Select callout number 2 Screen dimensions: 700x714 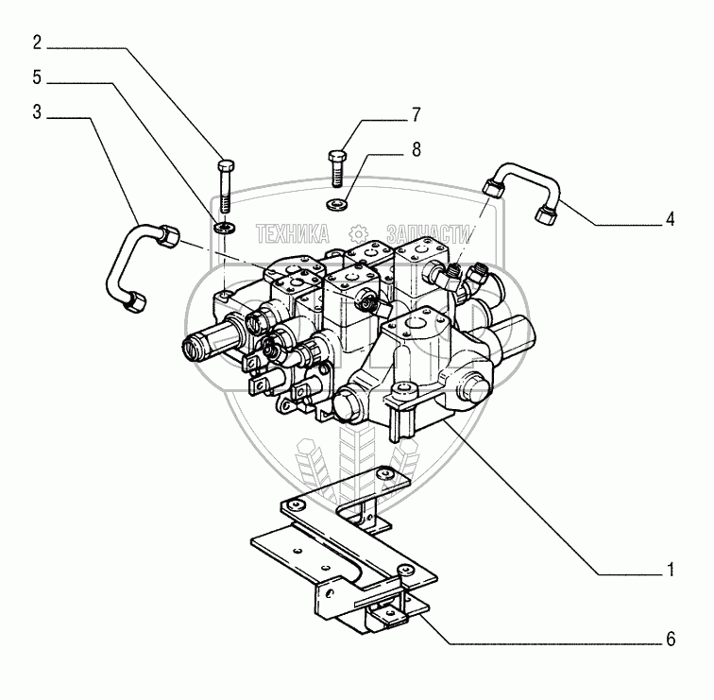coord(36,42)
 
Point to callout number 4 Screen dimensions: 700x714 coord(670,219)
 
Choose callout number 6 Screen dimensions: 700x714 coord(670,640)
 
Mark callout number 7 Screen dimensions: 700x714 coord(416,116)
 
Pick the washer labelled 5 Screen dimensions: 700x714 coord(225,228)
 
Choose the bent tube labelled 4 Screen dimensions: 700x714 coord(521,183)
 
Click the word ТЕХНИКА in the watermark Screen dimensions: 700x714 coord(292,232)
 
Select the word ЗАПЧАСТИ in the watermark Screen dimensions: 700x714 coord(428,232)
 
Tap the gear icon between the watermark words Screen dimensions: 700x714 coord(357,232)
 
